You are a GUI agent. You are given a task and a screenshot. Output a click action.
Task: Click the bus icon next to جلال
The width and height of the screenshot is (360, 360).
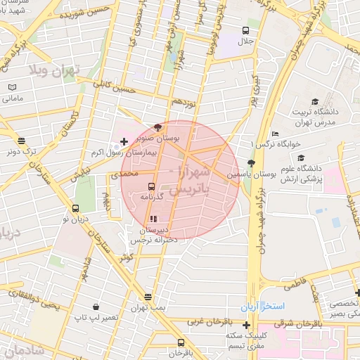click(x=245, y=30)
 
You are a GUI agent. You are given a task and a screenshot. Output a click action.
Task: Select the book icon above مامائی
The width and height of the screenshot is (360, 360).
click(x=12, y=87)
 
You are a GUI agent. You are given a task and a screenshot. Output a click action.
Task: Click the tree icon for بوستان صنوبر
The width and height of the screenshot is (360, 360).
click(x=157, y=127)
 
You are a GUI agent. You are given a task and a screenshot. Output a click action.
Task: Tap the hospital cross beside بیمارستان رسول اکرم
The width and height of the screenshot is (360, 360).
click(x=124, y=142)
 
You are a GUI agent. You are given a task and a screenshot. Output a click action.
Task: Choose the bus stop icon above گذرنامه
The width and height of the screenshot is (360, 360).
click(x=152, y=187)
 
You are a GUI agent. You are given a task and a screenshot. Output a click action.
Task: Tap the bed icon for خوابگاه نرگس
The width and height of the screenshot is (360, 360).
click(x=275, y=134)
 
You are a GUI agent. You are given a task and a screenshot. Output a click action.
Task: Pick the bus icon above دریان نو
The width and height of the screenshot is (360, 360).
click(x=75, y=208)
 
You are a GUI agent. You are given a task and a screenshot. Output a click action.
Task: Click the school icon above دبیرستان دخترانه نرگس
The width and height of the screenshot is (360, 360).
click(x=154, y=219)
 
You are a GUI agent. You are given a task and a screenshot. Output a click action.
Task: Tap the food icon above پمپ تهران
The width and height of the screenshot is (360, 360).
click(x=147, y=297)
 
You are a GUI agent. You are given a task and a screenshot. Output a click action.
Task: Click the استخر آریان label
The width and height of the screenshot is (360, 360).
click(x=261, y=307)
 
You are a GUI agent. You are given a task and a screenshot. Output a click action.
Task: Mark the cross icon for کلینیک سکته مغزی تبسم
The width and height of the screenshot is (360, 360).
click(x=246, y=325)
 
